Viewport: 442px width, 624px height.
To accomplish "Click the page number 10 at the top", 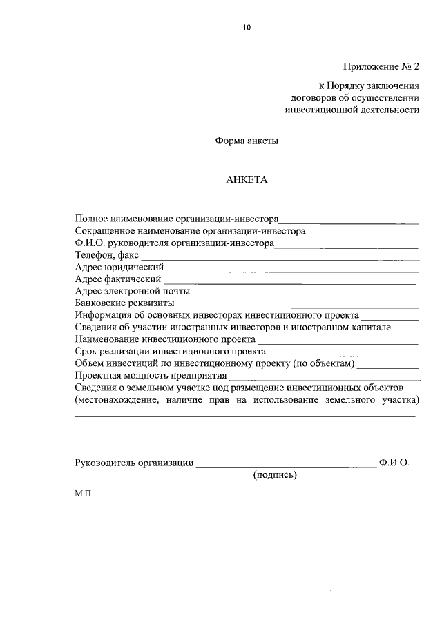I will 247,28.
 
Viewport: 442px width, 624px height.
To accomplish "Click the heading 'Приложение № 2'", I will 381,67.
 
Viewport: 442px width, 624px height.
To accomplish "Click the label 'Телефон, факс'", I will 107,254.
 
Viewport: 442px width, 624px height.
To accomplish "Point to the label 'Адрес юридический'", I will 119,267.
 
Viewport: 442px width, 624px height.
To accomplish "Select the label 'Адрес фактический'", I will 118,279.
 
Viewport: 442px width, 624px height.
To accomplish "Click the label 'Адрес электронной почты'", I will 132,291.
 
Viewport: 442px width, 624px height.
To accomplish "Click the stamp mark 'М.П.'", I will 83,494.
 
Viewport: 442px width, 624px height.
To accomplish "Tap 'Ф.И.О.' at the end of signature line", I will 394,463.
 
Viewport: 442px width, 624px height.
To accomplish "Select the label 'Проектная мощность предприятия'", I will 151,376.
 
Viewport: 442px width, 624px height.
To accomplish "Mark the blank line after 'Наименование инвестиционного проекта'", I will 338,343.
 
